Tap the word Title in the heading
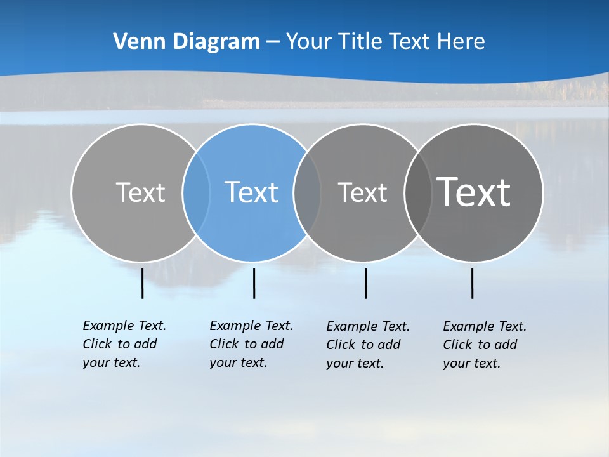(x=360, y=41)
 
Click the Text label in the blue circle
(x=252, y=192)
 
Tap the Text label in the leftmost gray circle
(x=140, y=192)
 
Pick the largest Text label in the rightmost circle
(x=474, y=192)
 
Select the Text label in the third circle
(x=362, y=192)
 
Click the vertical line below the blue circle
(x=254, y=283)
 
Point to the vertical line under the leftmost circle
(x=142, y=283)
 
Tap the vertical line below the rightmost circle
(x=472, y=283)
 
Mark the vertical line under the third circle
(x=365, y=283)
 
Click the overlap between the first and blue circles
(x=196, y=192)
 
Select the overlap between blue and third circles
(x=308, y=192)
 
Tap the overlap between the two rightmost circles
(x=418, y=192)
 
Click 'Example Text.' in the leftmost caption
(x=124, y=326)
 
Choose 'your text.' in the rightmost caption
(x=471, y=363)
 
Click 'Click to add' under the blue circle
(x=246, y=344)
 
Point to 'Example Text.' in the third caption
(x=368, y=326)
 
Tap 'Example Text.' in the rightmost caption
(x=485, y=326)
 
